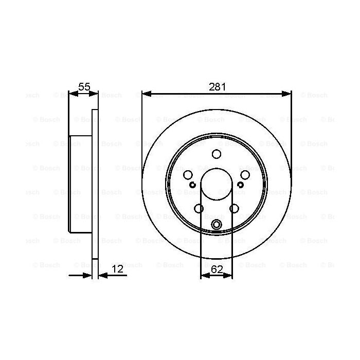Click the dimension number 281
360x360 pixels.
[x=217, y=87]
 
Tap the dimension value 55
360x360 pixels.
[x=84, y=87]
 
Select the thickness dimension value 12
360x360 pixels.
[x=117, y=269]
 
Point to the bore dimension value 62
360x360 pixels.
[x=217, y=269]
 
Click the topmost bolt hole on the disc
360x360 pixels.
[x=217, y=154]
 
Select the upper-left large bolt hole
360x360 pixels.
[x=188, y=175]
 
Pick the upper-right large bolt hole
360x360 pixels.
[x=245, y=175]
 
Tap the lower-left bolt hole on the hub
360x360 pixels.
[x=199, y=208]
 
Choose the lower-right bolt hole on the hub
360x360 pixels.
[x=234, y=208]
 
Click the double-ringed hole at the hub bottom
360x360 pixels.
[x=217, y=224]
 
